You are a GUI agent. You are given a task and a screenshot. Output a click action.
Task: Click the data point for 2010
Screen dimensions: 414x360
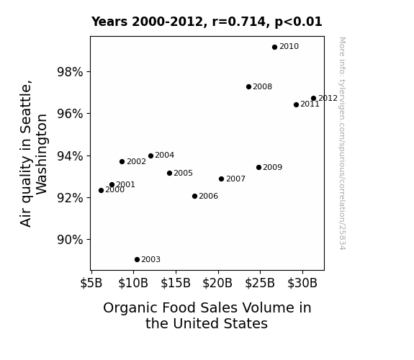pyautogui.click(x=274, y=47)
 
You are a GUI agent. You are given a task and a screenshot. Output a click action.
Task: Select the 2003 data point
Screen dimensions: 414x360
pyautogui.click(x=137, y=260)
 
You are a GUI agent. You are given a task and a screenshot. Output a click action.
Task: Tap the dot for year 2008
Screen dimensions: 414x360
pyautogui.click(x=248, y=86)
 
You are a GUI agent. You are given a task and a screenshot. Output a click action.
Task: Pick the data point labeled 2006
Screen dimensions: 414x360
pyautogui.click(x=195, y=197)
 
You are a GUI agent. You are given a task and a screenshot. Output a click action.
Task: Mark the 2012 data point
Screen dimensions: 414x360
pyautogui.click(x=313, y=98)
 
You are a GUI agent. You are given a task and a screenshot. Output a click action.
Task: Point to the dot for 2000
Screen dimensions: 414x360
pyautogui.click(x=101, y=190)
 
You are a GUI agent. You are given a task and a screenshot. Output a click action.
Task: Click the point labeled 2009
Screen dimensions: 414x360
pyautogui.click(x=258, y=168)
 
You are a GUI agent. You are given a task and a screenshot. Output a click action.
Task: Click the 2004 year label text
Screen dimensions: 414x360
pyautogui.click(x=164, y=156)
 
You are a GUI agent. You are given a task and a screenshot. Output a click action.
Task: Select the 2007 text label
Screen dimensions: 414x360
pyautogui.click(x=235, y=179)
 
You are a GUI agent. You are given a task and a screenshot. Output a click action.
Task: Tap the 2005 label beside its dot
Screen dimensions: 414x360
pyautogui.click(x=183, y=174)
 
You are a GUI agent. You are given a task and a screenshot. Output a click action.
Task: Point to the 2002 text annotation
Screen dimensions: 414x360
pyautogui.click(x=137, y=162)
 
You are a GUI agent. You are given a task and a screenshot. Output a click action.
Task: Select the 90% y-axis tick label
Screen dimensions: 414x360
pyautogui.click(x=70, y=240)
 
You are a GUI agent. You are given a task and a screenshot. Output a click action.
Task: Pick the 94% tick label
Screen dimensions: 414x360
pyautogui.click(x=70, y=156)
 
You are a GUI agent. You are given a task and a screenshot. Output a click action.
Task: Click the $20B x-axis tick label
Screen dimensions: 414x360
pyautogui.click(x=217, y=283)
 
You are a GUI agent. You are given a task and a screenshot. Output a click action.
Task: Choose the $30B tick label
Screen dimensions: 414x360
pyautogui.click(x=302, y=283)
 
